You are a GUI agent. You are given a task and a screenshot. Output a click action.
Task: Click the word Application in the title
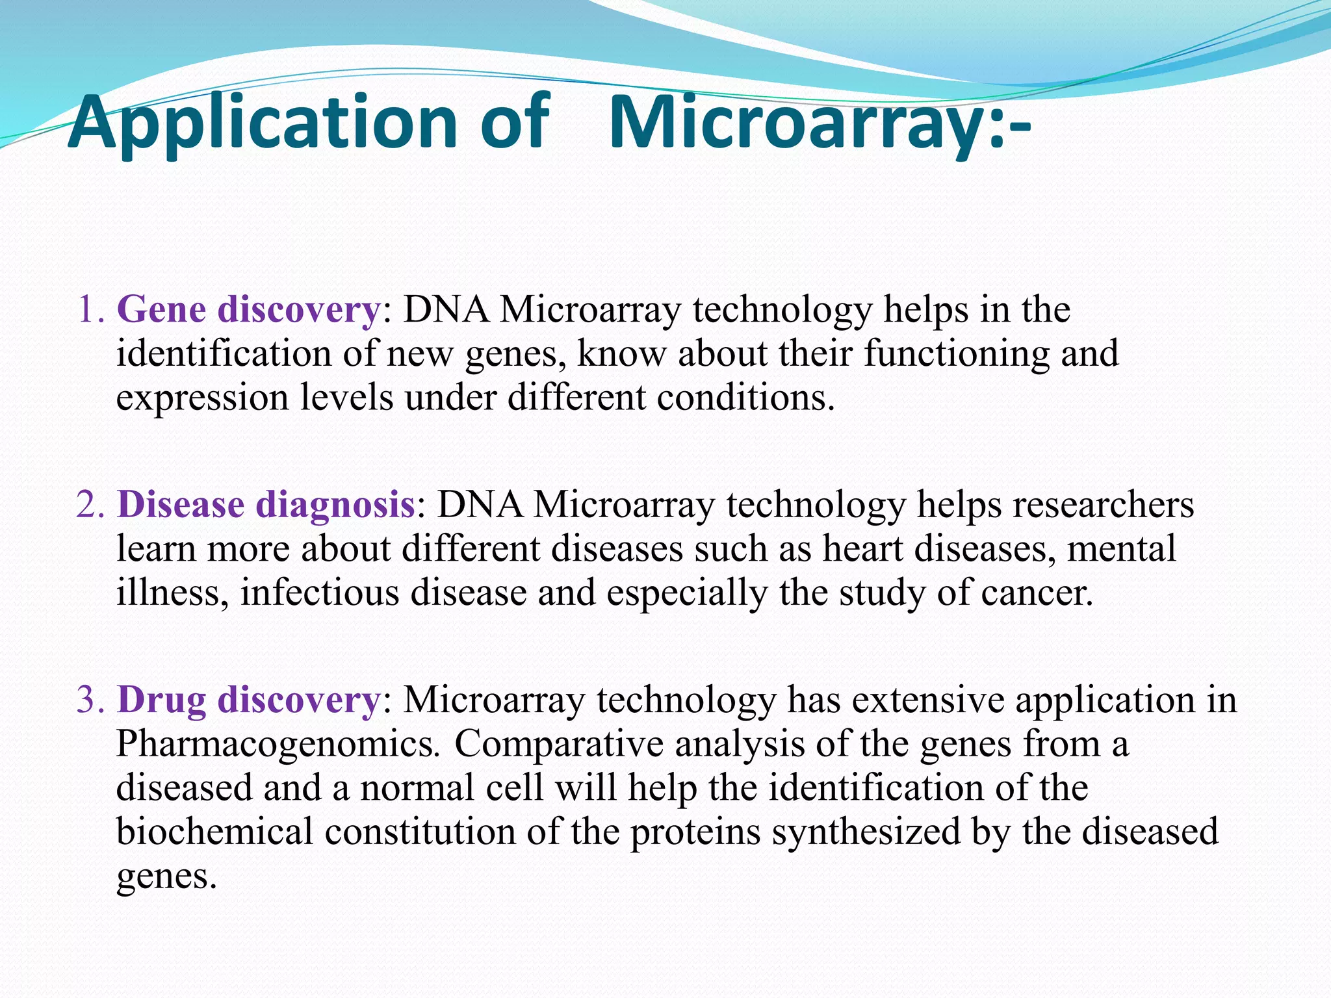[x=263, y=123]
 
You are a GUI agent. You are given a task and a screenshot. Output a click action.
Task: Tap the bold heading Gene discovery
[x=248, y=309]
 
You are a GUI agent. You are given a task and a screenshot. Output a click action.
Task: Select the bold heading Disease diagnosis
[x=266, y=505]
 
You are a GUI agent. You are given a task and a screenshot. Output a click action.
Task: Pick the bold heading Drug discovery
[x=248, y=700]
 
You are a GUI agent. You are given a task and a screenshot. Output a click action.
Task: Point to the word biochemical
[x=214, y=832]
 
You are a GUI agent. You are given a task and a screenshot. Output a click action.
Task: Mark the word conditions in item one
[x=745, y=398]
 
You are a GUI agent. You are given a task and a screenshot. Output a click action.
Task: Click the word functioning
[x=956, y=354]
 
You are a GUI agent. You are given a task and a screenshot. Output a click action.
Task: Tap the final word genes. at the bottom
[x=166, y=877]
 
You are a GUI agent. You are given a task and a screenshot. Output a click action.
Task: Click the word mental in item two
[x=1121, y=549]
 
